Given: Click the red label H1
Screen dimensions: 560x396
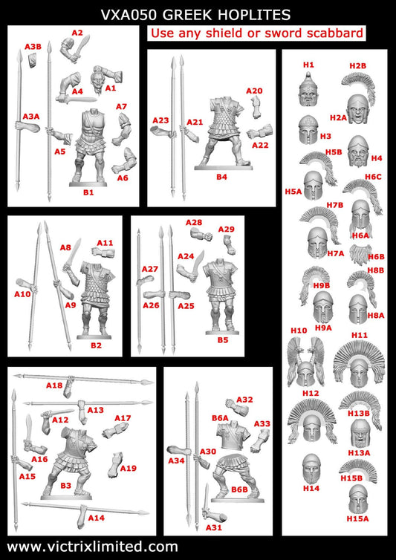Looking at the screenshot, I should (309, 65).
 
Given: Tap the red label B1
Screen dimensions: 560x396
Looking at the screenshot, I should (88, 193).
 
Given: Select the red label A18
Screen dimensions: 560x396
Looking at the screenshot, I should (54, 385).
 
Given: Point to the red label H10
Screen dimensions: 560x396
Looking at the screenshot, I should (299, 331).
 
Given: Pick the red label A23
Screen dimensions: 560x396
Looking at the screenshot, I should (161, 120).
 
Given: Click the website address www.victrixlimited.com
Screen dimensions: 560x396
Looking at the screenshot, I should (93, 547).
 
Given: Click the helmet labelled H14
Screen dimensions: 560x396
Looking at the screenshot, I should (312, 466).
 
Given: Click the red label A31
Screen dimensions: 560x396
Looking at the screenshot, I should (215, 528).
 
